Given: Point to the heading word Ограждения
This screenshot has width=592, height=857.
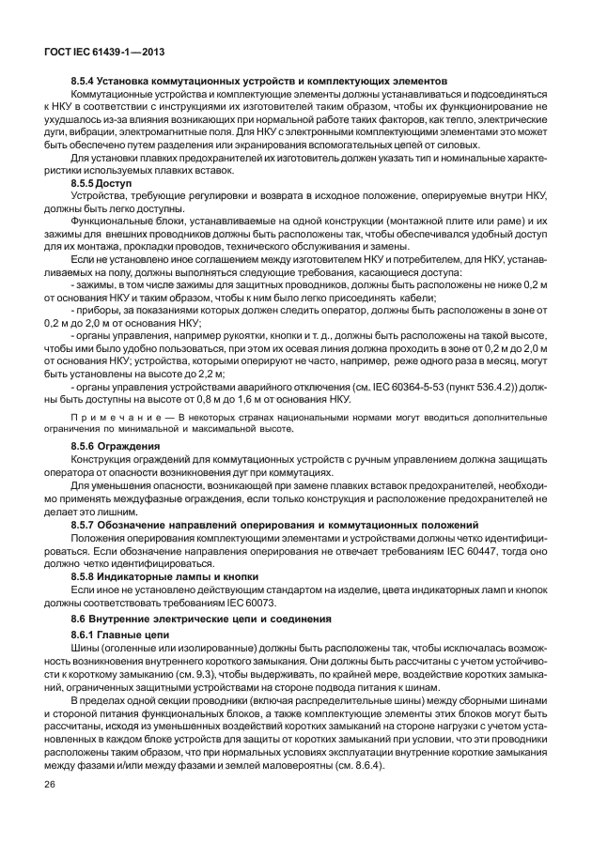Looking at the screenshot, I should point(134,444).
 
